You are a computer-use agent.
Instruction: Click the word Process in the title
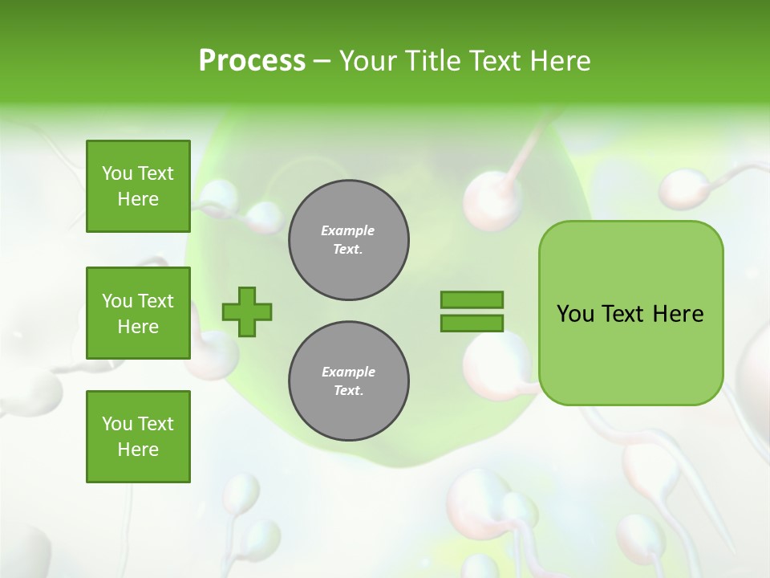click(252, 61)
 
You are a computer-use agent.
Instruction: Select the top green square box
click(138, 186)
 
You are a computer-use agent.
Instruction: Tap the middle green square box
click(138, 313)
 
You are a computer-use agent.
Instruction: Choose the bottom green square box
click(138, 437)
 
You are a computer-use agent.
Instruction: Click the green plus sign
click(247, 311)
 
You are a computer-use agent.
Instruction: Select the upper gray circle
click(349, 240)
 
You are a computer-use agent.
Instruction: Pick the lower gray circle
click(349, 381)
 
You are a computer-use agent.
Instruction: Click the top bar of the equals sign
click(472, 299)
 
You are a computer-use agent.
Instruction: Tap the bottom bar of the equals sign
click(472, 323)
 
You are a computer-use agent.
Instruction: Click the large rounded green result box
click(630, 313)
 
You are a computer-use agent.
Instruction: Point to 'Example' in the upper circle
click(348, 230)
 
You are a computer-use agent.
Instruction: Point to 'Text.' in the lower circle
click(348, 391)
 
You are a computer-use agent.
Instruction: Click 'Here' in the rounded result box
click(678, 314)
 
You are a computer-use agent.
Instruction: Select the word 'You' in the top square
click(117, 173)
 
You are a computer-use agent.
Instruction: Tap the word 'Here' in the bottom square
click(138, 450)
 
